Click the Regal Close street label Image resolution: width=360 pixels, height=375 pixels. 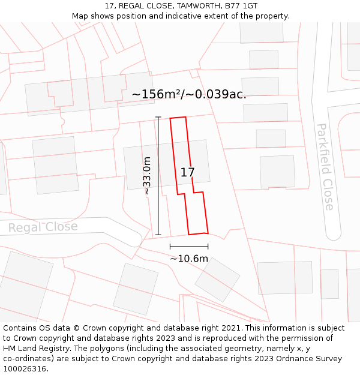point(43,227)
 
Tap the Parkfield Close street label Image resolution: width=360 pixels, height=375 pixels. point(325,167)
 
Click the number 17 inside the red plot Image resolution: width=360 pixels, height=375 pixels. point(187,172)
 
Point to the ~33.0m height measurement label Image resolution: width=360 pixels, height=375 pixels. point(146,176)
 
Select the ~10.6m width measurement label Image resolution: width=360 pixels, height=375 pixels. point(188,259)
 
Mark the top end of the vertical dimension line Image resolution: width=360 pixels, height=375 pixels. point(158,117)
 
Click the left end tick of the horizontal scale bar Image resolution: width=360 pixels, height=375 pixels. point(170,246)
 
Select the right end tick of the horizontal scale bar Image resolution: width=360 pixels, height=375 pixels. point(208,246)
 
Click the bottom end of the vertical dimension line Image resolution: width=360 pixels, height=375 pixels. point(158,235)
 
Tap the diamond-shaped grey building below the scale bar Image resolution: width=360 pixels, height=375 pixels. point(217,280)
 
